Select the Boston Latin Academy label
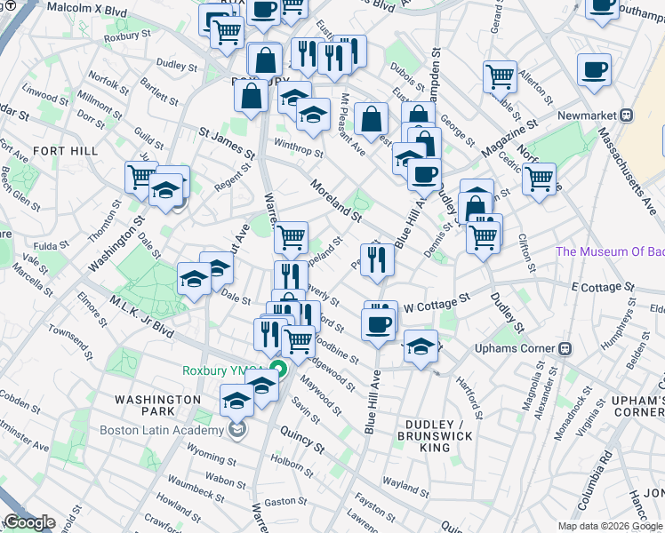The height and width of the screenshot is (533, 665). (173, 431)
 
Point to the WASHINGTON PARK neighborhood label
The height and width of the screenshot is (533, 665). (158, 407)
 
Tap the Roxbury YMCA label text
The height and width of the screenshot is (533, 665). (226, 370)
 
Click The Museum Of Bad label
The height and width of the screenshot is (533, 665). (609, 251)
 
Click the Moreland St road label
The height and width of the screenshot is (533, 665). (336, 202)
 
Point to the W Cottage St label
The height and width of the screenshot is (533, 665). (436, 303)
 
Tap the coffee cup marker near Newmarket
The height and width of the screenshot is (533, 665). (594, 70)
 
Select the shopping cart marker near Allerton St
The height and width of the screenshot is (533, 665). (501, 76)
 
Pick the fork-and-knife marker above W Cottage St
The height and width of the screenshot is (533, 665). (377, 259)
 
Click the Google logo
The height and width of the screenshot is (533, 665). (29, 522)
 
